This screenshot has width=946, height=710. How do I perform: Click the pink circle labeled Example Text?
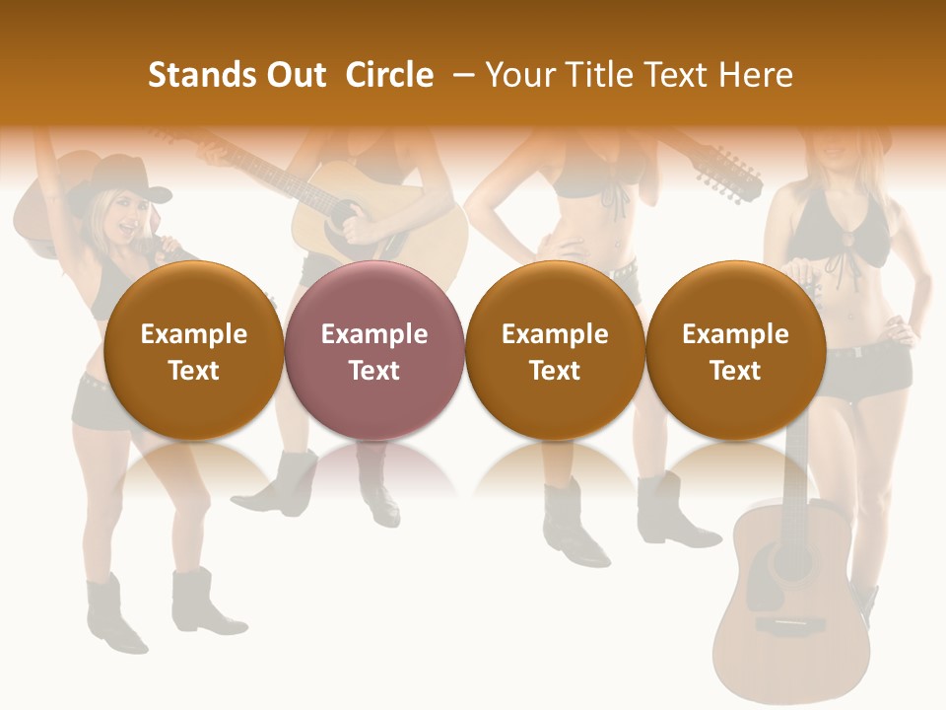(x=373, y=350)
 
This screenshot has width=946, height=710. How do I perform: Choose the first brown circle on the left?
(x=193, y=350)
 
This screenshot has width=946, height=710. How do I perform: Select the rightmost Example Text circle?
(x=735, y=350)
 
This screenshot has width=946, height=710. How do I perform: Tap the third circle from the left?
(x=555, y=350)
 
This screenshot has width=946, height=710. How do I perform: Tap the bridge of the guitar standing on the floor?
(x=790, y=625)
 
